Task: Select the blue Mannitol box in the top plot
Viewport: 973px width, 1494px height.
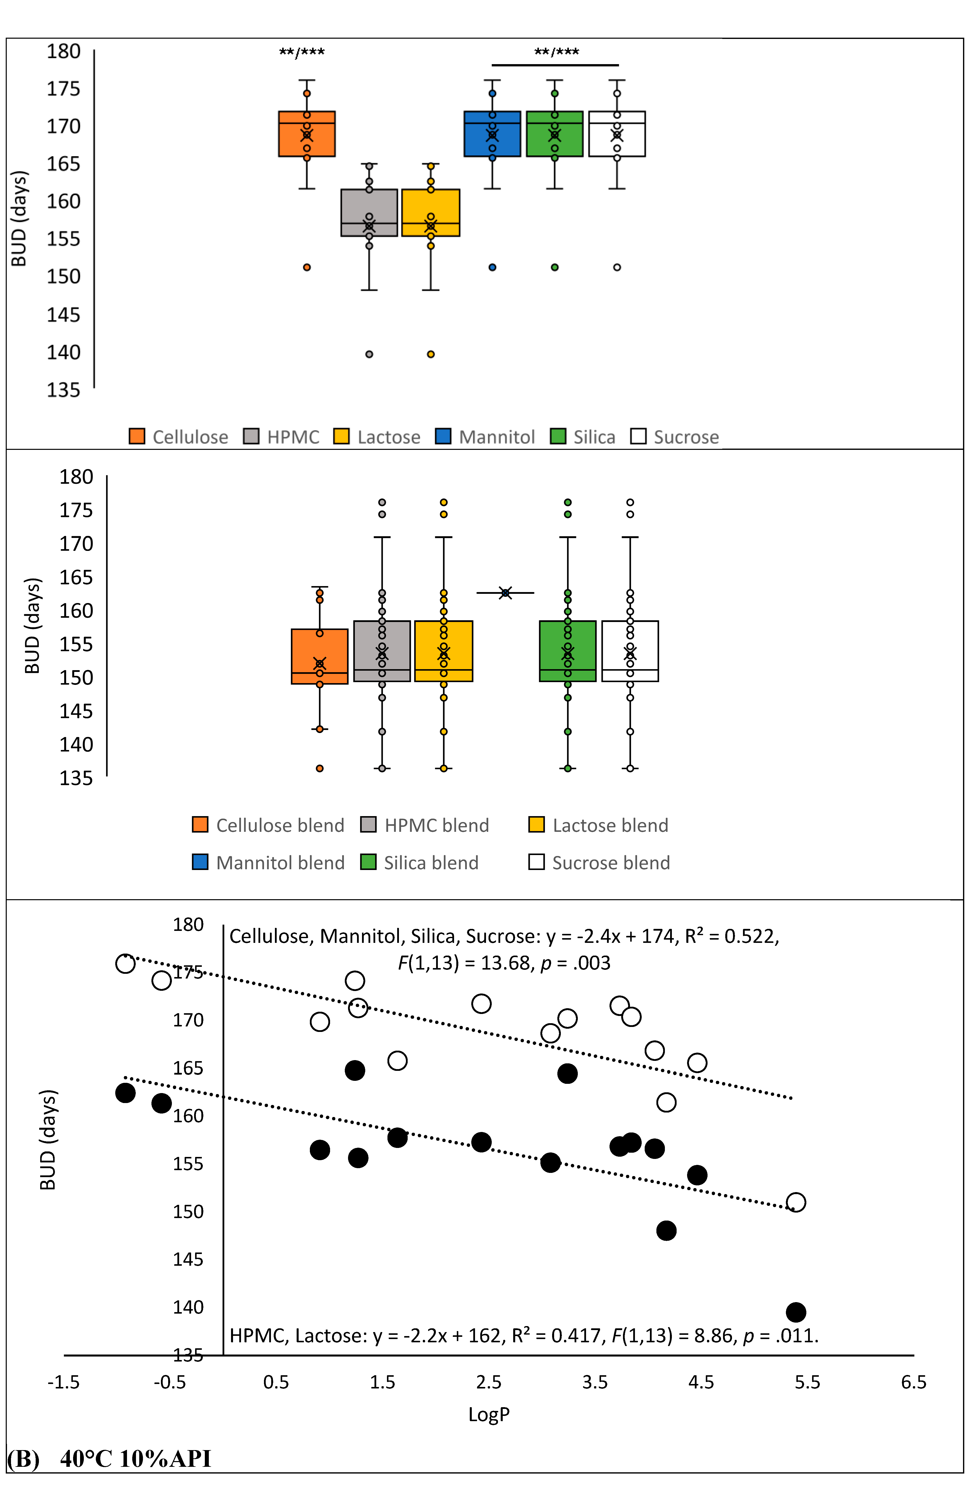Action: [492, 134]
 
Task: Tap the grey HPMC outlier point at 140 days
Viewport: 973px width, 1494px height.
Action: [369, 354]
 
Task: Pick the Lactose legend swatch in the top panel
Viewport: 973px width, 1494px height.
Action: [342, 436]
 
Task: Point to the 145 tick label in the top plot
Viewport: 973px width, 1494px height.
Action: [63, 314]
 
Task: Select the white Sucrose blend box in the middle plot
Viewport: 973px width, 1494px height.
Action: [630, 651]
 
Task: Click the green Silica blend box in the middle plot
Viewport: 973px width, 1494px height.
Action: [568, 651]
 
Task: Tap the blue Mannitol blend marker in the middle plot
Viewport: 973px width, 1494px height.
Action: [505, 593]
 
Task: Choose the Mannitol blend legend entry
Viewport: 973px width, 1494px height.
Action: [269, 863]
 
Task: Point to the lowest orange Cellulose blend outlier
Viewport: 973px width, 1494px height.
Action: [320, 768]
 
